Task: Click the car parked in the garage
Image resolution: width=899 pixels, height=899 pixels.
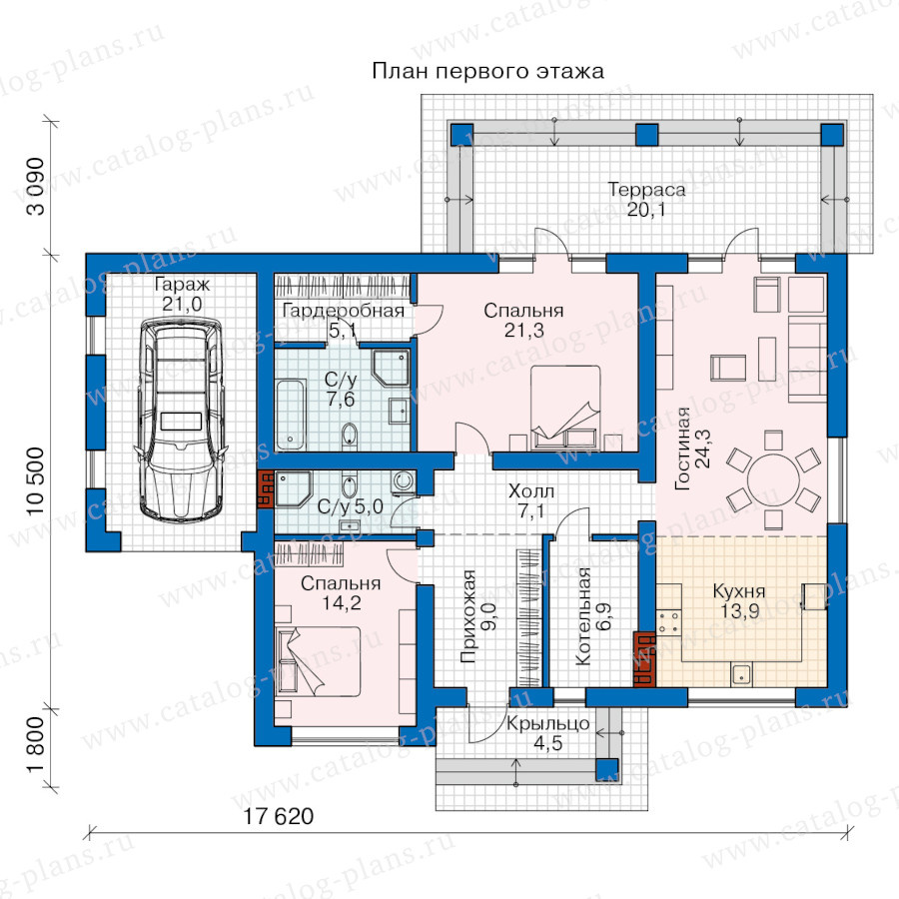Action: click(180, 421)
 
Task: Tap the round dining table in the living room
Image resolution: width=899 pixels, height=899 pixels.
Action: click(773, 479)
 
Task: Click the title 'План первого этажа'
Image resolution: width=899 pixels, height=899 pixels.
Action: click(487, 71)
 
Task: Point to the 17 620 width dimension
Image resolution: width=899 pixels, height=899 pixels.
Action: click(279, 816)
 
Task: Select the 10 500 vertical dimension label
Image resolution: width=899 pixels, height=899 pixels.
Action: click(35, 481)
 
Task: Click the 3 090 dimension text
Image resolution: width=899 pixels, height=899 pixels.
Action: click(35, 187)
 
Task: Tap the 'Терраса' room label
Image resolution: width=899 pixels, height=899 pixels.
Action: click(646, 189)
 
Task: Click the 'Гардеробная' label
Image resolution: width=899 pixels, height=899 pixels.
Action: click(344, 311)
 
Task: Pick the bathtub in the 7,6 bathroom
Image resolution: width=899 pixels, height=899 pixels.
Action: click(290, 415)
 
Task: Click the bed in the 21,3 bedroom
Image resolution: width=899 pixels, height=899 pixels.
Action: click(565, 407)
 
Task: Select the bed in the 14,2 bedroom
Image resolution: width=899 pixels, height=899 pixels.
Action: click(319, 661)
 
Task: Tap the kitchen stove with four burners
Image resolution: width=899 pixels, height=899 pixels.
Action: click(669, 623)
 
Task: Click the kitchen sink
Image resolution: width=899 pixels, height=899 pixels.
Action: click(741, 674)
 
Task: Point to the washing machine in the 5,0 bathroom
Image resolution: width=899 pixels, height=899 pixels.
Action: click(404, 482)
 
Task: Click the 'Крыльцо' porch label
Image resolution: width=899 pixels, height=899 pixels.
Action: click(547, 723)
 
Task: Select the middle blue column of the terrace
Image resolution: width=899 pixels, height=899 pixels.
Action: click(646, 135)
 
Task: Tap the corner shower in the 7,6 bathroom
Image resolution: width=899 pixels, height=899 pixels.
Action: click(391, 368)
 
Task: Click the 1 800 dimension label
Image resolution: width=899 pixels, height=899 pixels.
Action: click(35, 744)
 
